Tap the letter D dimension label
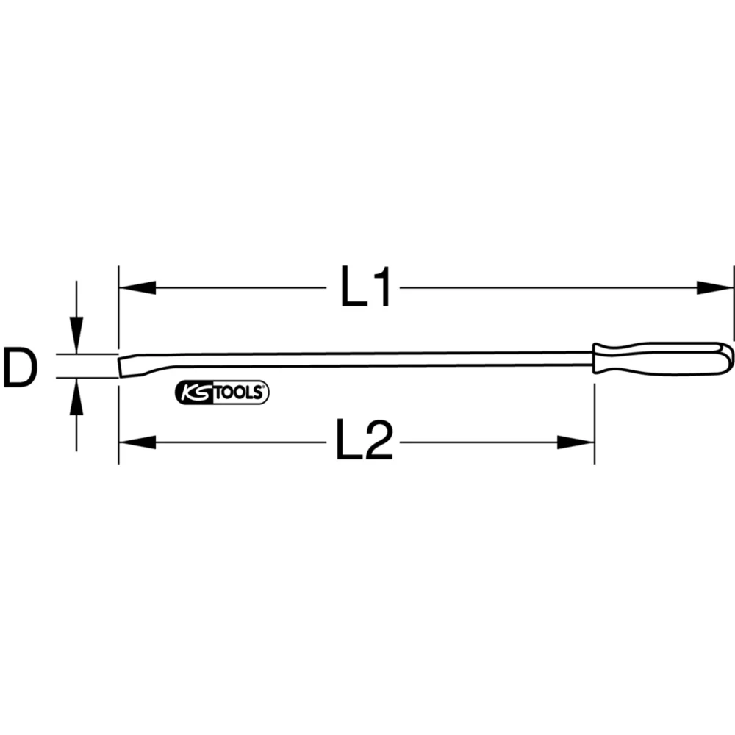coord(19,368)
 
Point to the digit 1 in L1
coord(381,287)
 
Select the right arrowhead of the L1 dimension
coord(715,287)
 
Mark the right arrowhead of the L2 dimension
coord(575,442)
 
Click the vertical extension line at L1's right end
coord(734,301)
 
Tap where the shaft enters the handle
coord(593,358)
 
